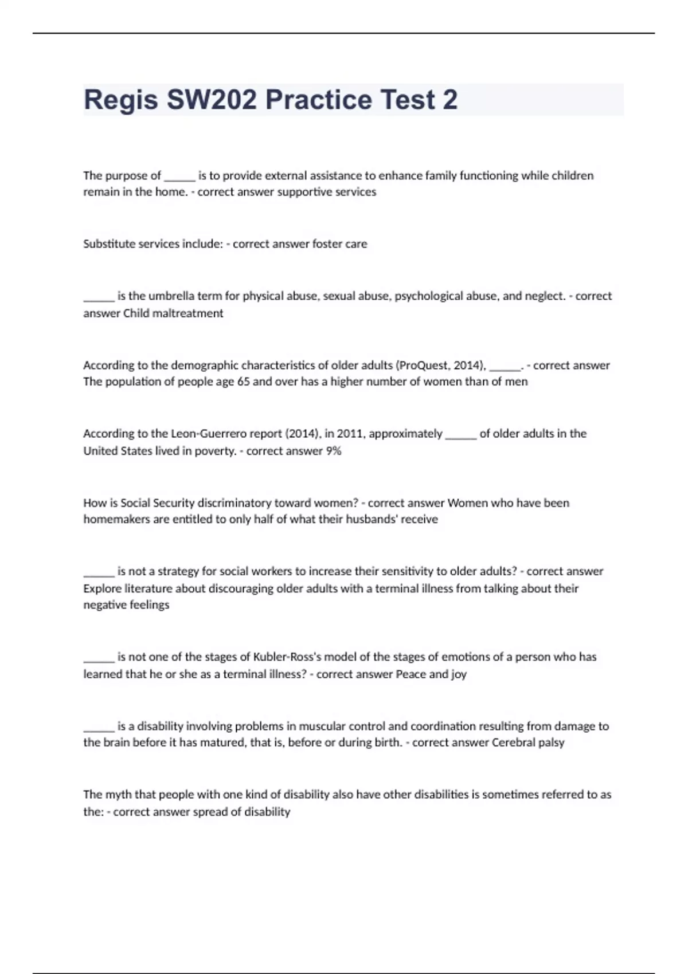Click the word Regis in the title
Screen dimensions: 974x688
pyautogui.click(x=120, y=100)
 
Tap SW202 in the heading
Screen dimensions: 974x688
pyautogui.click(x=212, y=100)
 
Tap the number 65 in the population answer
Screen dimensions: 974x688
pyautogui.click(x=243, y=382)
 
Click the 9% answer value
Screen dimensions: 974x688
pyautogui.click(x=334, y=451)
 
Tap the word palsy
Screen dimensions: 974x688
pyautogui.click(x=551, y=743)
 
